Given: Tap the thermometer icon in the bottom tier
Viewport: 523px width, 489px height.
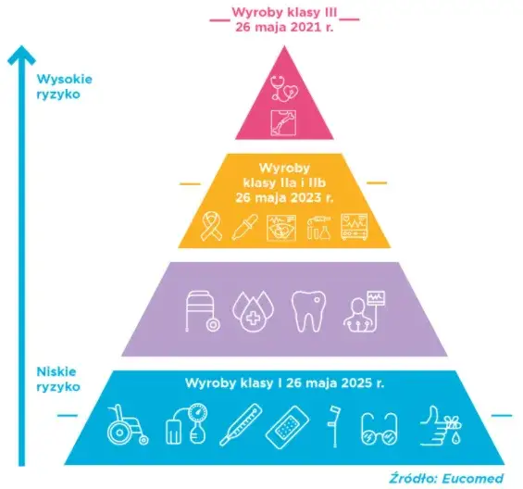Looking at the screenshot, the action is tap(241, 424).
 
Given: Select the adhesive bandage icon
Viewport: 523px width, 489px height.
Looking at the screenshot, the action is tap(287, 427).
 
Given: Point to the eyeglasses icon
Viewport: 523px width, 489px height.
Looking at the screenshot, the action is tap(380, 429).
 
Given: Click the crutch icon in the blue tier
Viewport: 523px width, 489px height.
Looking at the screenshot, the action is tap(334, 426).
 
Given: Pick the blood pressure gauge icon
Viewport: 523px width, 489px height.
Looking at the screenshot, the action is tap(186, 424).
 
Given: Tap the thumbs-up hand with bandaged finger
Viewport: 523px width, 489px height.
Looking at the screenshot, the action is tap(441, 426).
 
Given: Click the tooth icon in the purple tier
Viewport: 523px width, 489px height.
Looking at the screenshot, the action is tap(308, 311).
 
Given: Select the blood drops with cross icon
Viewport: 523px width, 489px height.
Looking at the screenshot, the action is tap(253, 311).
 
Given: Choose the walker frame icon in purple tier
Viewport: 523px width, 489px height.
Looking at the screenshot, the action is tap(203, 311).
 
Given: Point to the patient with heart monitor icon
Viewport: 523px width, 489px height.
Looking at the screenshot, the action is tap(364, 311).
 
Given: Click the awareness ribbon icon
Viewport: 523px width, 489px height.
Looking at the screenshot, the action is tap(211, 227).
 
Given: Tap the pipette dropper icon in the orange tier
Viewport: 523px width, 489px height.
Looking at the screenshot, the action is tap(244, 227).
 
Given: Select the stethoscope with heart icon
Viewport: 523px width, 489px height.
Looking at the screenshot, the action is tap(284, 88).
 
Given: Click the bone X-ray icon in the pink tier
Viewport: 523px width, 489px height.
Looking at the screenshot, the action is tap(283, 123).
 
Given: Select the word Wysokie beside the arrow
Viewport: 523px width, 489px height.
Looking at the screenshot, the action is tap(65, 79).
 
